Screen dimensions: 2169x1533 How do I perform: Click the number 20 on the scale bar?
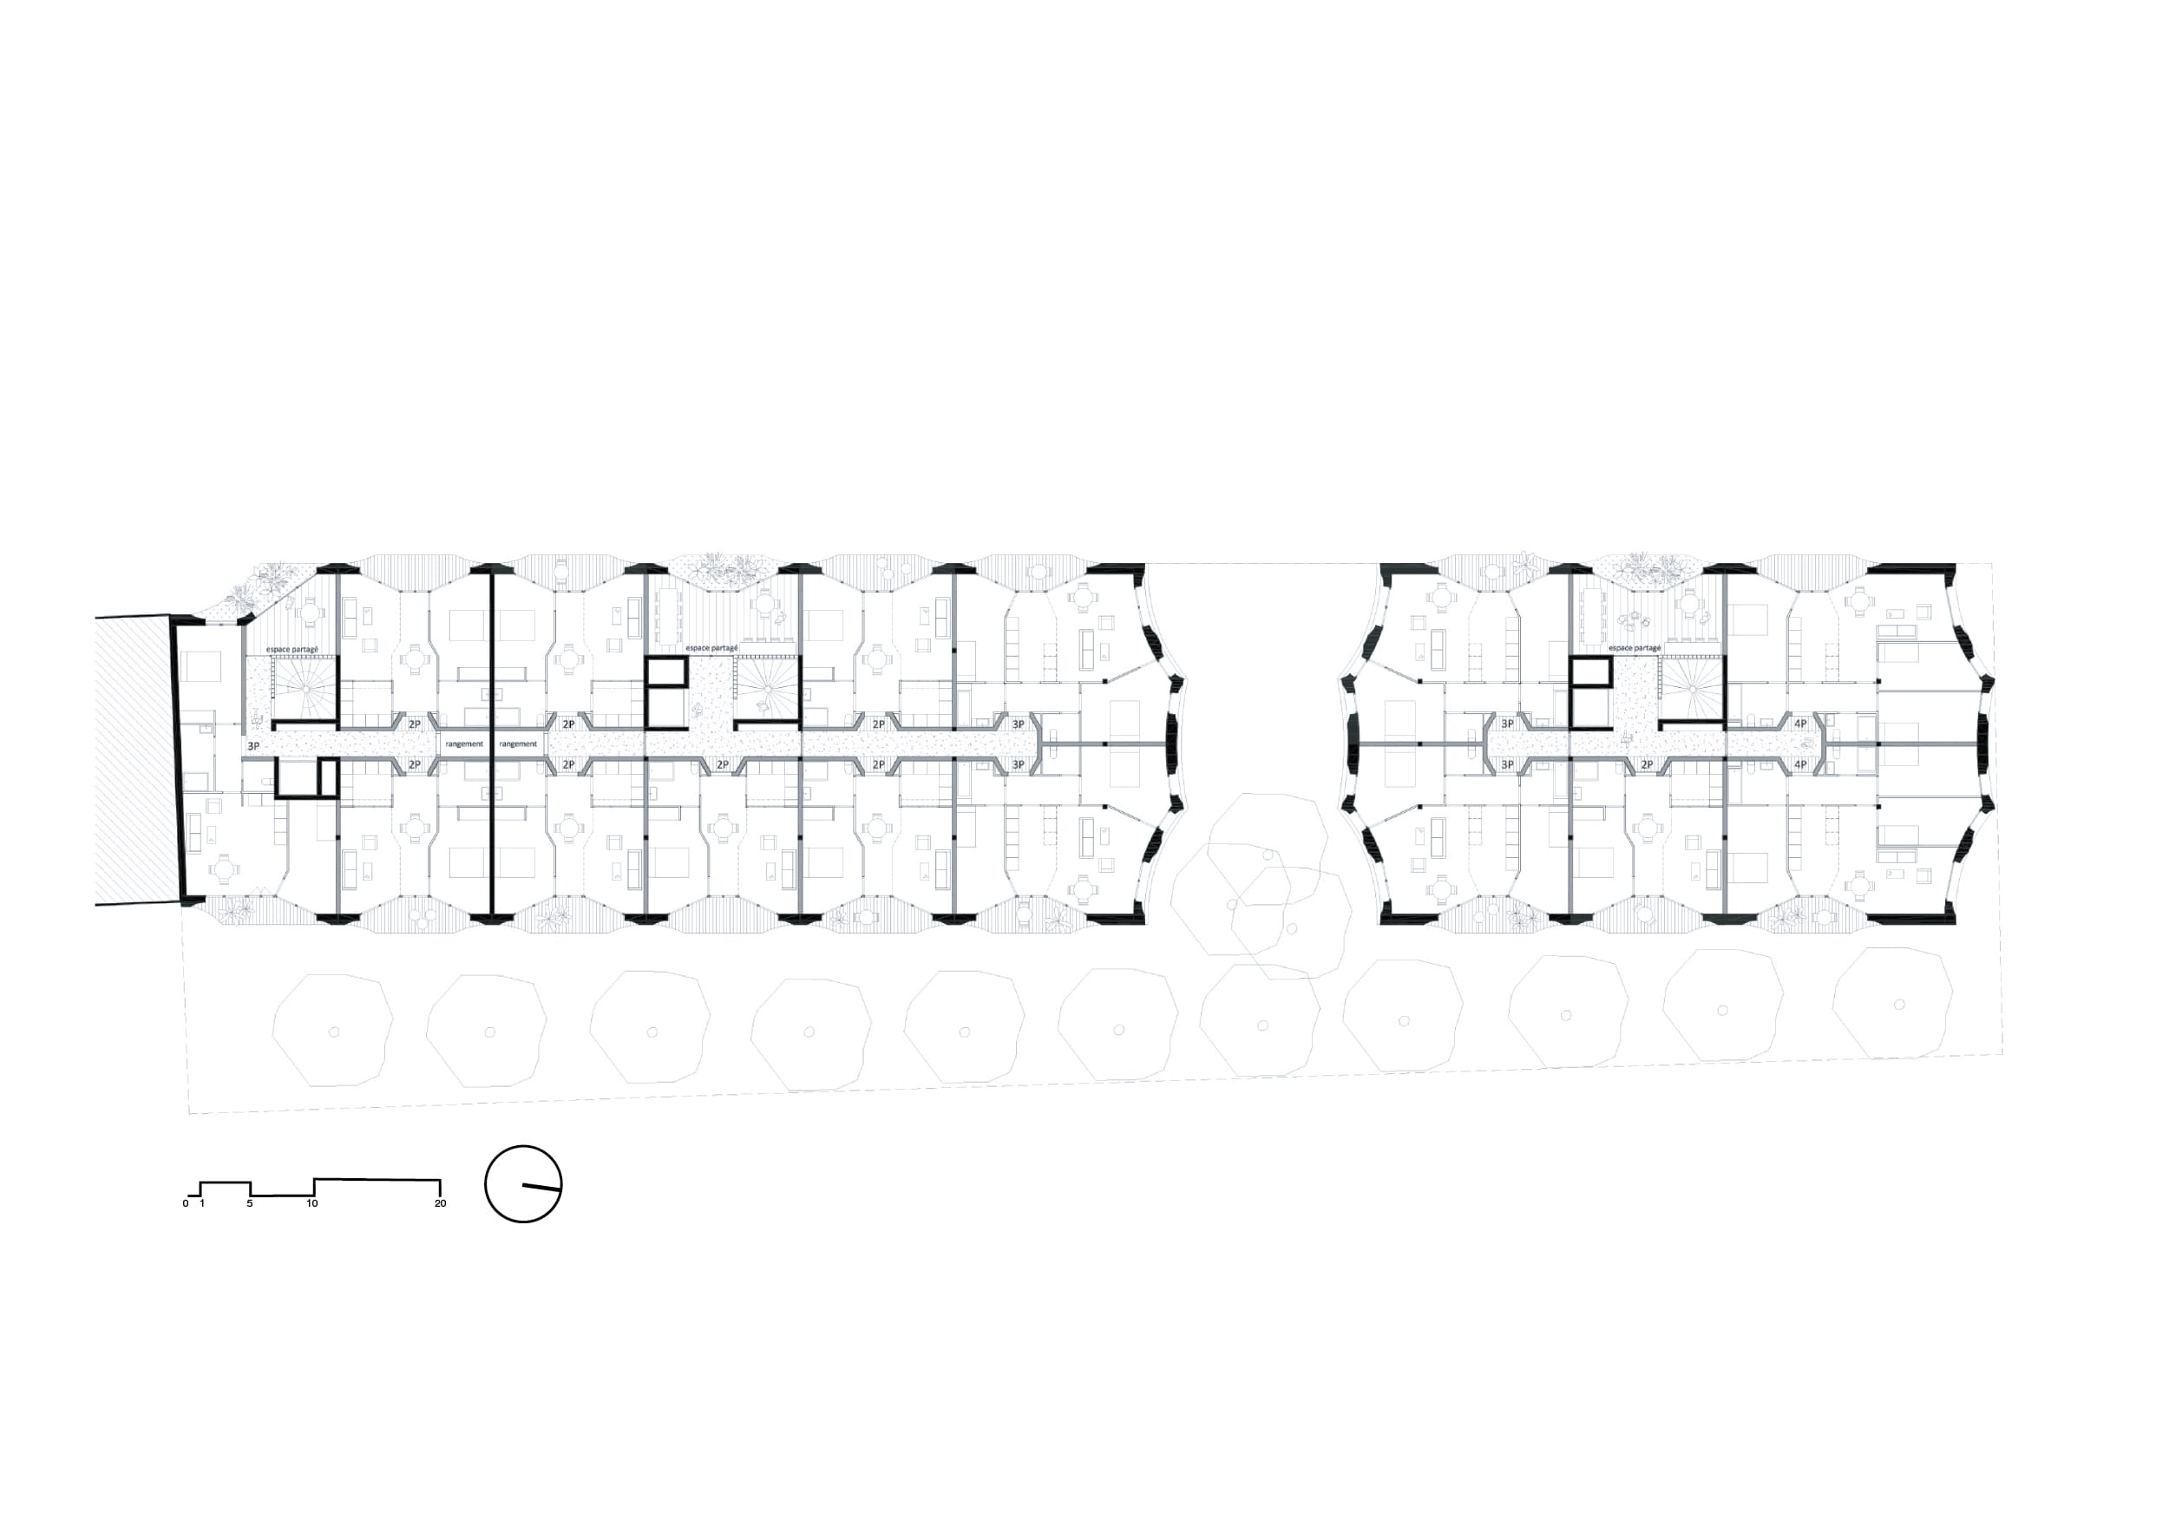440,1203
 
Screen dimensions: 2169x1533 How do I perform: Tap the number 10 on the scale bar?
312,1203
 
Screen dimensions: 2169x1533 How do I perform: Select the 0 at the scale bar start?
187,1203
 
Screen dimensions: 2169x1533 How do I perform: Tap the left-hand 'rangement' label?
464,744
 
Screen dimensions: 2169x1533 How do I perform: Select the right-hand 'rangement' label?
518,744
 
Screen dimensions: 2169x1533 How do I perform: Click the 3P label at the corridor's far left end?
253,746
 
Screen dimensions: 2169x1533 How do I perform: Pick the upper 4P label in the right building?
1799,724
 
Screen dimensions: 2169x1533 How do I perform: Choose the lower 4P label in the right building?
1799,764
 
